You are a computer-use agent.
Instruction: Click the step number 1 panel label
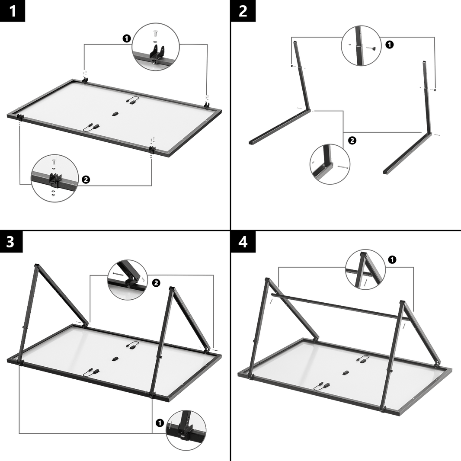(13, 11)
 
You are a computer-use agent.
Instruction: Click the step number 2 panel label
(243, 11)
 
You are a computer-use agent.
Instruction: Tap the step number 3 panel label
(10, 242)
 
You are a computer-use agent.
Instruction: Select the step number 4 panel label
(243, 242)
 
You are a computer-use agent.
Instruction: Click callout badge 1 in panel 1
(126, 38)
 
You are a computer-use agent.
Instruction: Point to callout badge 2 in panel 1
(86, 179)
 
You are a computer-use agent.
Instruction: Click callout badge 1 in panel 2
(389, 44)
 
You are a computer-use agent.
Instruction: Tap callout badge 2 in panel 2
(352, 140)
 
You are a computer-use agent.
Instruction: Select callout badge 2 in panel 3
(156, 283)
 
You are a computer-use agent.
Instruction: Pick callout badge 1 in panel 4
(392, 259)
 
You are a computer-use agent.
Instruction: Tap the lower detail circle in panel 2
(330, 164)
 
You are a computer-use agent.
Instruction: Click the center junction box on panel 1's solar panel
(115, 114)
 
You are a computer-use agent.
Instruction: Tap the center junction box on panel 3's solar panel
(115, 358)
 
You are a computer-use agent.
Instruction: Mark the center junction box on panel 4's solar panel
(345, 371)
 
